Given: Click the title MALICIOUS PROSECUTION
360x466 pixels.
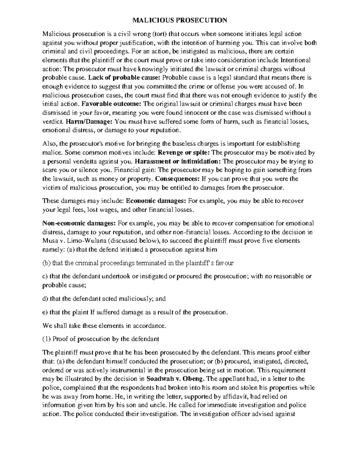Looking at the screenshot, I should [180, 20].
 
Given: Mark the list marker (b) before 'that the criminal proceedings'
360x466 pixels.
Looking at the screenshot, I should [46, 263].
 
